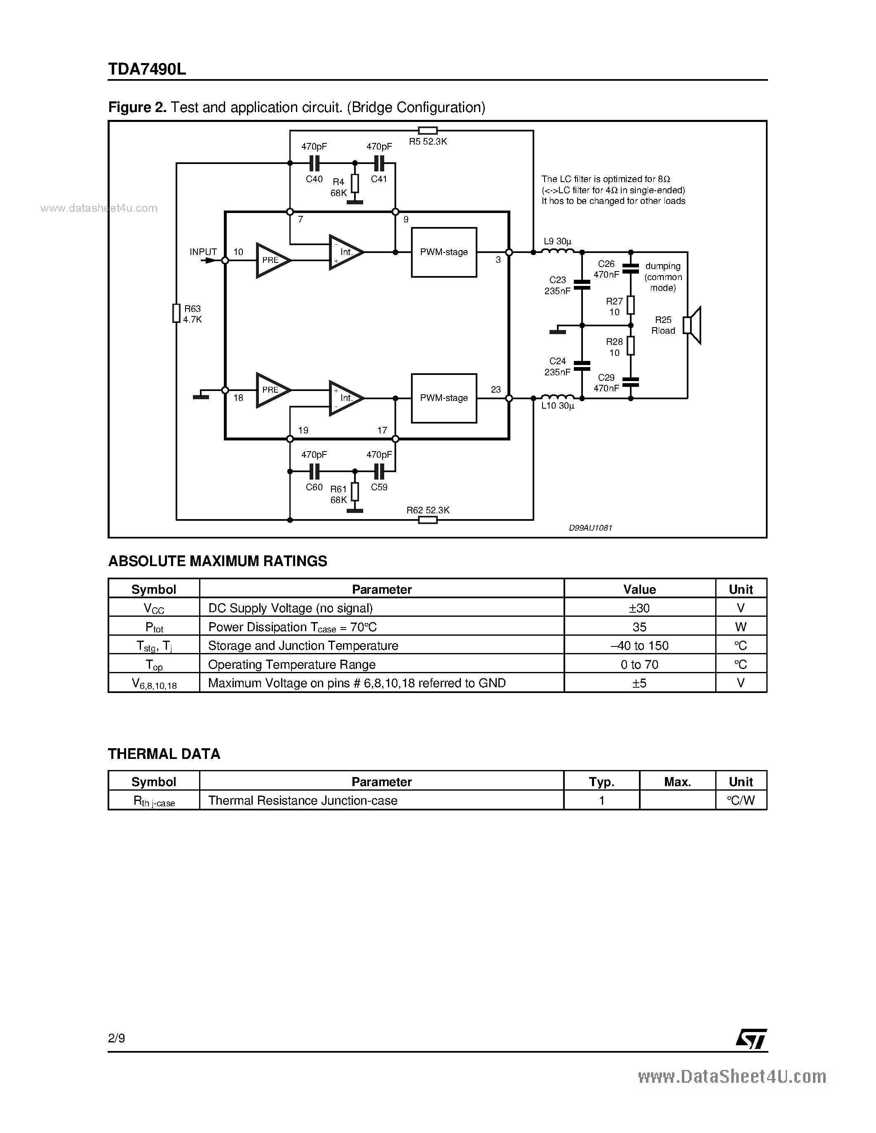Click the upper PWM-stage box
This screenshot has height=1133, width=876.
[x=444, y=252]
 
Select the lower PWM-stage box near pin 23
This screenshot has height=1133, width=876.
[x=444, y=398]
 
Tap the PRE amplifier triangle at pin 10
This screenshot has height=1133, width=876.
[x=272, y=260]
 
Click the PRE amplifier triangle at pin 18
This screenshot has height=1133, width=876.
[x=272, y=390]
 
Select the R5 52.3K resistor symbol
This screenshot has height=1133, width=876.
[x=427, y=131]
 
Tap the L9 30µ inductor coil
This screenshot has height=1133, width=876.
[x=558, y=252]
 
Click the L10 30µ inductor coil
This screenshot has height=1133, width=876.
[x=558, y=398]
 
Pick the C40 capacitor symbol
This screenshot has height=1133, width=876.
[x=314, y=164]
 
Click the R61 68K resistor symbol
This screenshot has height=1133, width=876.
[x=355, y=491]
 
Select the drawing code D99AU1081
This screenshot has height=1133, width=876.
[x=591, y=528]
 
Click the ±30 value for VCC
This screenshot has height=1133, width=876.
[x=639, y=608]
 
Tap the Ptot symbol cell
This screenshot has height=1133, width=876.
[x=154, y=627]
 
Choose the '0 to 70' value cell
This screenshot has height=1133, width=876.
[x=639, y=665]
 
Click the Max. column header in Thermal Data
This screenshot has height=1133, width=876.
[x=677, y=782]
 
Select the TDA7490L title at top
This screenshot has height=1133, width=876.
[x=147, y=69]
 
